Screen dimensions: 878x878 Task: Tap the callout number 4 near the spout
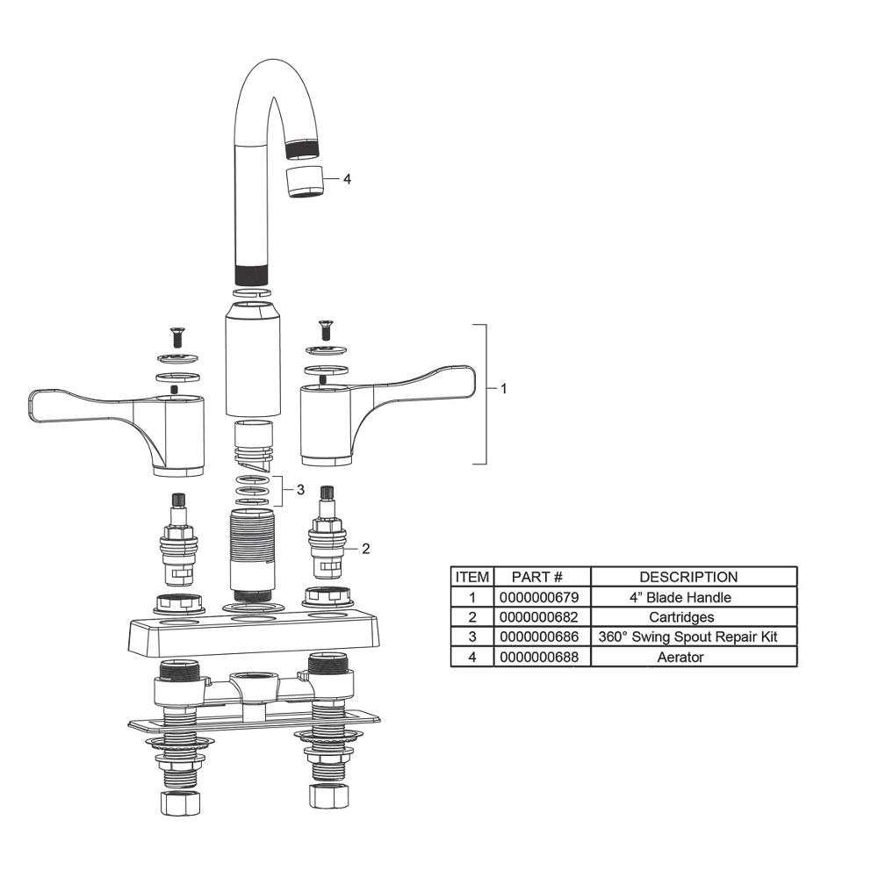[x=347, y=179]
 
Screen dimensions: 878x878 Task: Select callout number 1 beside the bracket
[x=503, y=388]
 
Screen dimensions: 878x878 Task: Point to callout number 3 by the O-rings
[x=299, y=490]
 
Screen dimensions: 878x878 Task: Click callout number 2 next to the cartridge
[x=365, y=549]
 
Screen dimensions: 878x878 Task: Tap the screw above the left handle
[x=176, y=335]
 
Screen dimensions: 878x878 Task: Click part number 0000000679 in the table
[x=541, y=597]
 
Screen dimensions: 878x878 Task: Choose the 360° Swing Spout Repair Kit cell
[x=694, y=637]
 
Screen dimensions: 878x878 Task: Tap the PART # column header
[x=541, y=577]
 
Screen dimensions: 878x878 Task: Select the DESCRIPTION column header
[x=694, y=577]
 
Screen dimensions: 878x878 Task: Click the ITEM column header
[x=471, y=577]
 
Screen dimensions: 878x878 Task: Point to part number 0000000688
[x=541, y=657]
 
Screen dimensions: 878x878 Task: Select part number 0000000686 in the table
[x=541, y=637]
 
